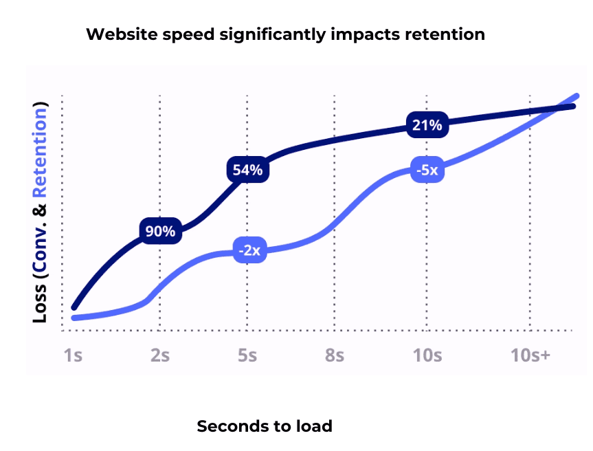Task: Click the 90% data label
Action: coord(161,232)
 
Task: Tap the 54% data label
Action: coord(247,170)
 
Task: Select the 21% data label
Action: coord(427,124)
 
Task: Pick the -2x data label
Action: coord(249,250)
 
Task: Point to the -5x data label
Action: coord(426,170)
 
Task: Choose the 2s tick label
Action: coord(160,356)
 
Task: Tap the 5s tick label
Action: coord(247,356)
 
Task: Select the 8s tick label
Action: coord(335,356)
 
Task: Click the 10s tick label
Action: coord(427,356)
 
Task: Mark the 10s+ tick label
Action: coord(530,356)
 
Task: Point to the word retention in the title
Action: coord(451,34)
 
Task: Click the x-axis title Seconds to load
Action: coord(265,426)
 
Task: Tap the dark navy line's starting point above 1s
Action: coord(74,307)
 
